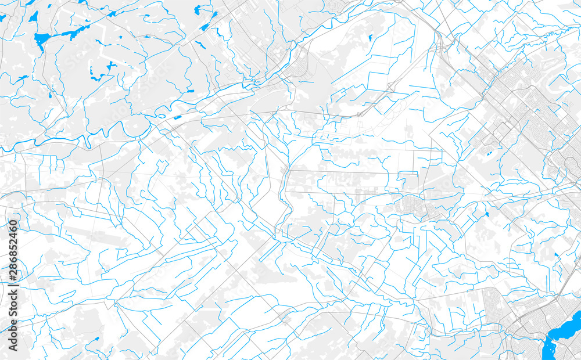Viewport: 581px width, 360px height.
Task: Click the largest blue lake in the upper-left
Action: click(41, 41)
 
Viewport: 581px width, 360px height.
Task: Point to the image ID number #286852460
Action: click(12, 249)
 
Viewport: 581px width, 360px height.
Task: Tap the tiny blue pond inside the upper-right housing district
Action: click(489, 154)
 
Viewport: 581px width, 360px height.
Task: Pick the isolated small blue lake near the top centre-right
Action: click(370, 38)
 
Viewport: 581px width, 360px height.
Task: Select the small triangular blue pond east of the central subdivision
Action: click(487, 214)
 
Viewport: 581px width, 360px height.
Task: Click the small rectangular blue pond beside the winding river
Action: click(177, 117)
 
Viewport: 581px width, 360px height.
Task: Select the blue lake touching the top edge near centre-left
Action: click(199, 9)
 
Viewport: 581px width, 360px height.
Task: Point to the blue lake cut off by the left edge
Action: click(2, 17)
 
